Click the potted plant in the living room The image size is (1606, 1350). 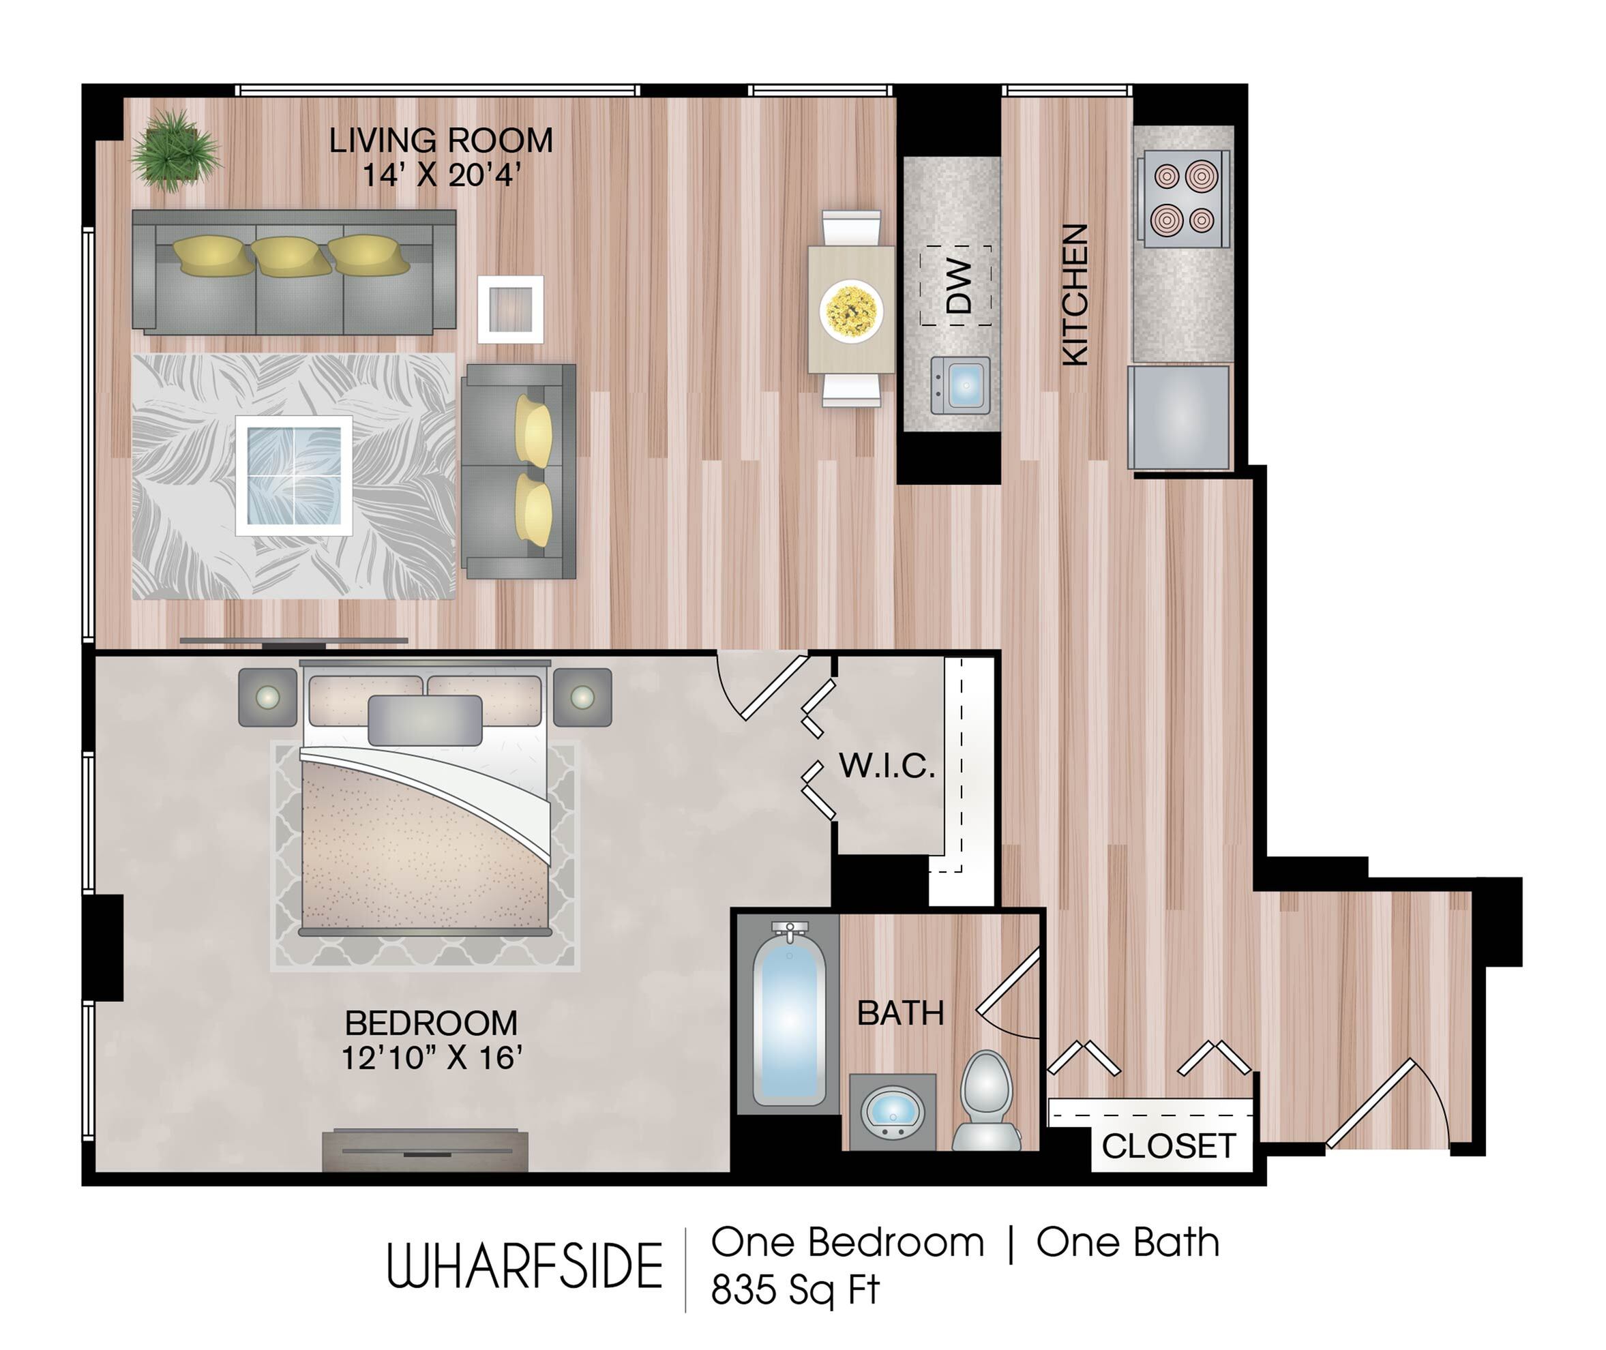[x=177, y=150]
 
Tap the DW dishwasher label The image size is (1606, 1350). [x=958, y=286]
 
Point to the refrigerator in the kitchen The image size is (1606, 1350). [x=1179, y=417]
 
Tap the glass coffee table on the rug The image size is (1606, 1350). [x=294, y=476]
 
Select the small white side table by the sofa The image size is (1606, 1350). [x=511, y=309]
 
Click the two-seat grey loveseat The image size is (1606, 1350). [x=519, y=471]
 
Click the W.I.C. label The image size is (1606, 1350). [x=887, y=766]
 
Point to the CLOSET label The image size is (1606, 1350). [x=1169, y=1145]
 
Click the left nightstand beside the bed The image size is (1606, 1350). [x=267, y=697]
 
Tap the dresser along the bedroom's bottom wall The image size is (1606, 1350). [x=425, y=1150]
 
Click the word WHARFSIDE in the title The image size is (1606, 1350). [x=524, y=1267]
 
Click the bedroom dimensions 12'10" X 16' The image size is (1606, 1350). [x=432, y=1058]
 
